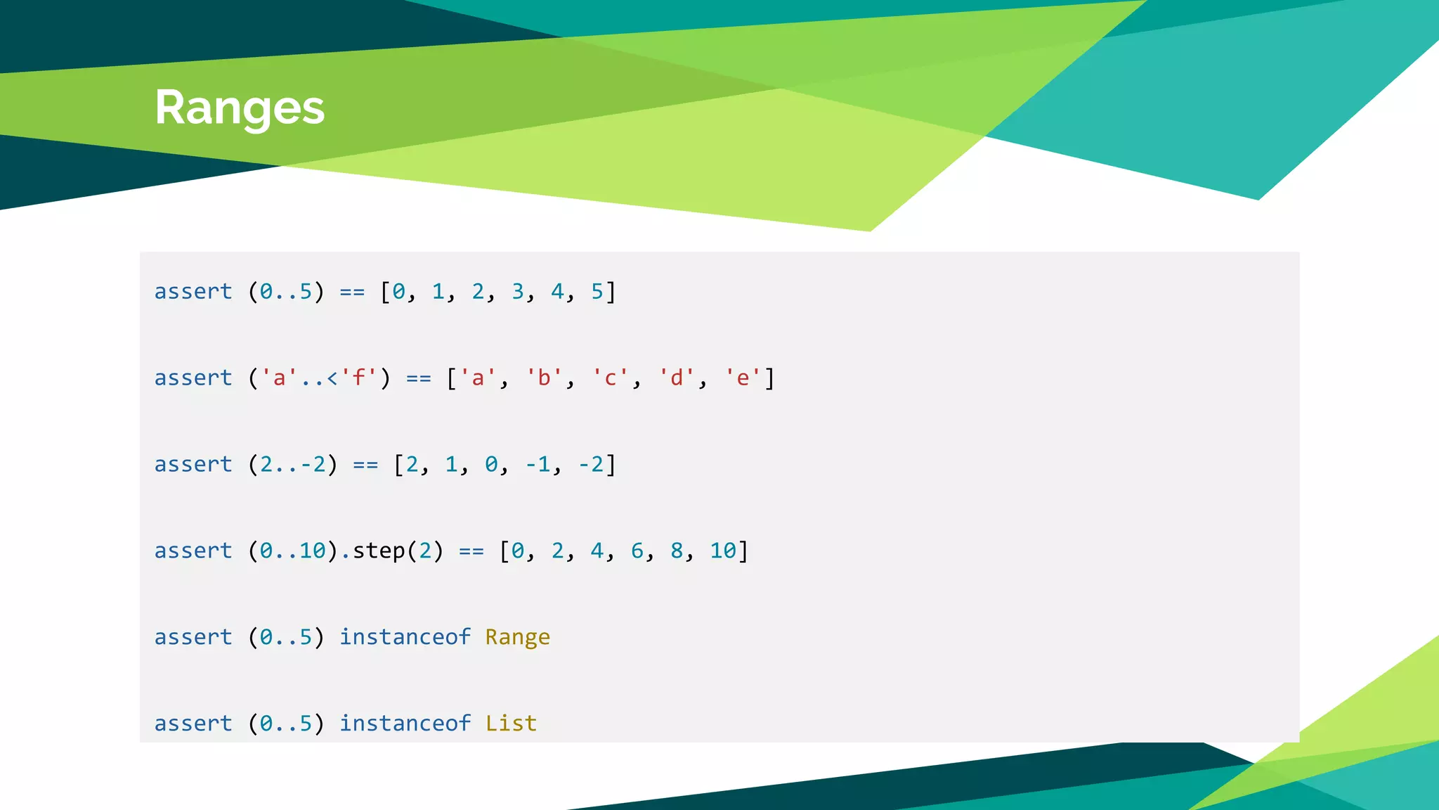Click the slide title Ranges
coord(240,108)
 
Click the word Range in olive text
coord(517,637)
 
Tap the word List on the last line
coord(511,724)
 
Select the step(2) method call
coord(398,551)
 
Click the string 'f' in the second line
coord(359,378)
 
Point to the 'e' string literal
coord(743,378)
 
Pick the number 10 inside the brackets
coord(723,551)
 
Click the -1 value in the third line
coord(538,465)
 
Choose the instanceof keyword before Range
coord(405,637)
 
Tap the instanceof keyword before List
coord(405,724)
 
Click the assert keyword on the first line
coord(193,292)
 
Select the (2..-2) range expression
coord(292,465)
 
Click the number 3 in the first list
coord(518,292)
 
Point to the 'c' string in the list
coord(610,378)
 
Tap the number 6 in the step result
coord(637,551)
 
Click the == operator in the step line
coord(471,551)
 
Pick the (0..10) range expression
coord(292,551)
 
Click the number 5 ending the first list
coord(597,292)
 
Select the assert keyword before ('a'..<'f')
coord(193,378)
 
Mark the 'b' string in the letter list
coord(544,378)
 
